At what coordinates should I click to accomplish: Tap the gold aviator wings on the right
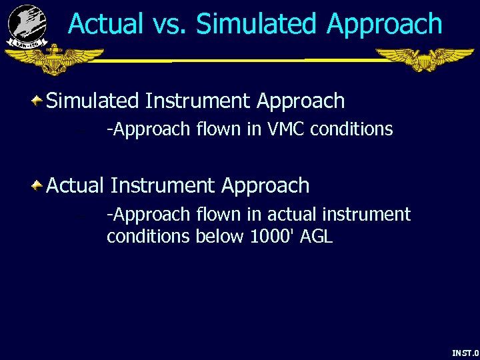(x=424, y=59)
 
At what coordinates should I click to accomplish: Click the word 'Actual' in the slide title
(x=105, y=24)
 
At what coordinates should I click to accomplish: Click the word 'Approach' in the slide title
(x=385, y=24)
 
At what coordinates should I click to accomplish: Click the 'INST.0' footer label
(x=465, y=353)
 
